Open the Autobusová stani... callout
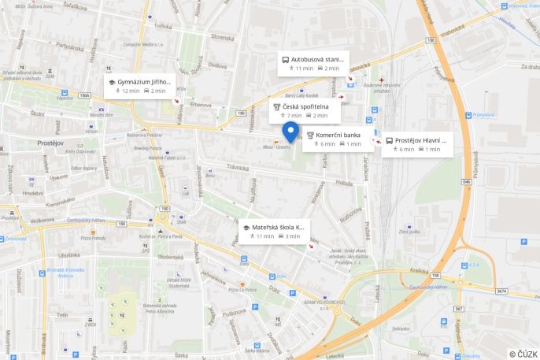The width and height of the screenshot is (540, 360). tap(316, 59)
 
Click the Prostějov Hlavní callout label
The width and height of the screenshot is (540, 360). tap(420, 140)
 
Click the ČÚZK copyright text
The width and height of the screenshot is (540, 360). tap(523, 354)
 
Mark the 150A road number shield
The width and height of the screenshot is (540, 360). tap(84, 95)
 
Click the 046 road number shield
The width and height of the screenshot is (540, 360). tap(467, 181)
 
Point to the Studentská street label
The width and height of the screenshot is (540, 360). tap(169, 256)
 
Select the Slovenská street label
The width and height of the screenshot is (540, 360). tap(222, 36)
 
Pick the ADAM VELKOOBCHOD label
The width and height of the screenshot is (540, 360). tap(319, 302)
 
